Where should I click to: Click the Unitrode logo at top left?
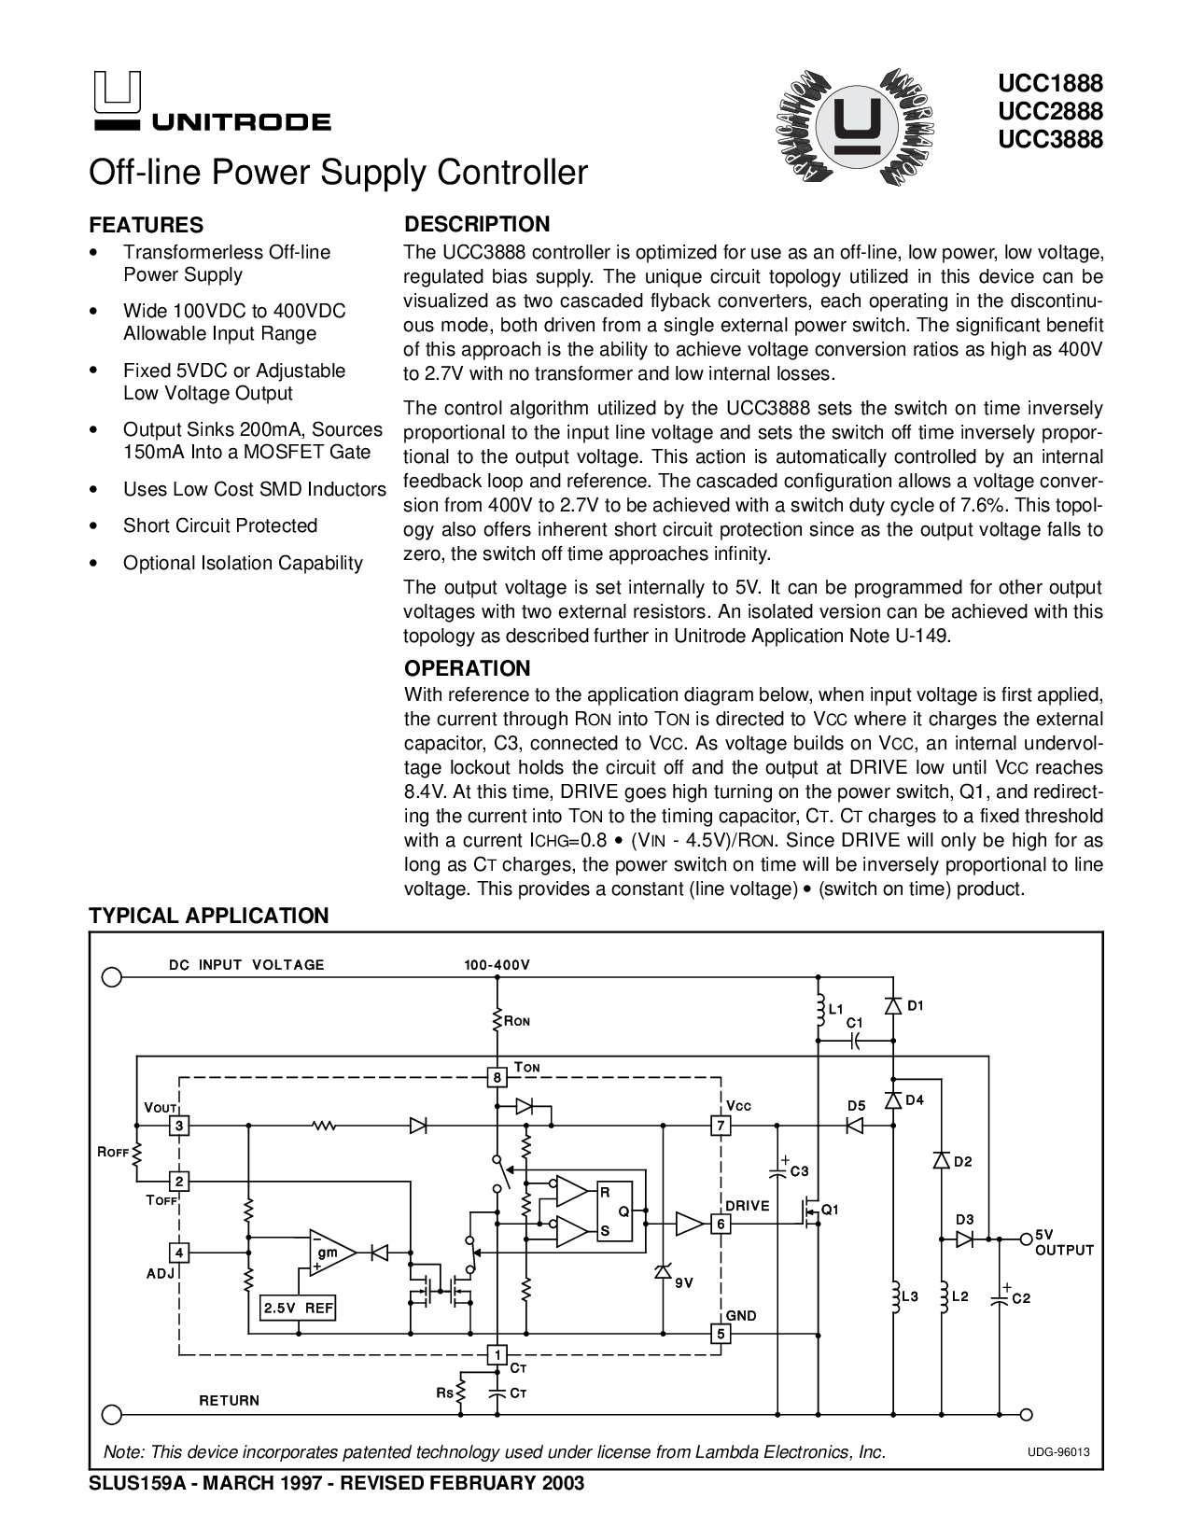[x=209, y=103]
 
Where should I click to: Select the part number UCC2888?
[x=1050, y=112]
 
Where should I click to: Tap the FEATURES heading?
[x=146, y=225]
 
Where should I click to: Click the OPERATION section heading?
[x=467, y=668]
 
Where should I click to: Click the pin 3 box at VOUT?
[x=180, y=1127]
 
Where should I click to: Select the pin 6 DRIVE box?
[x=720, y=1224]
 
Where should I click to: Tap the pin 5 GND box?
[x=720, y=1334]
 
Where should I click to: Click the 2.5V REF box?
[x=298, y=1309]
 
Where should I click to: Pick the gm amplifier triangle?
[x=329, y=1252]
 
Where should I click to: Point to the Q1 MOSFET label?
[x=830, y=1210]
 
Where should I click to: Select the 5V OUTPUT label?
[x=1063, y=1242]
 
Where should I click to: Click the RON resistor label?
[x=517, y=1022]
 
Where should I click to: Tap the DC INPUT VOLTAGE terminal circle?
[x=112, y=977]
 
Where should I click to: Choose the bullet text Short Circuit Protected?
[x=220, y=525]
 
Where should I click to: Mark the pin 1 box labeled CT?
[x=497, y=1354]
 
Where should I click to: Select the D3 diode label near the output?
[x=964, y=1220]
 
